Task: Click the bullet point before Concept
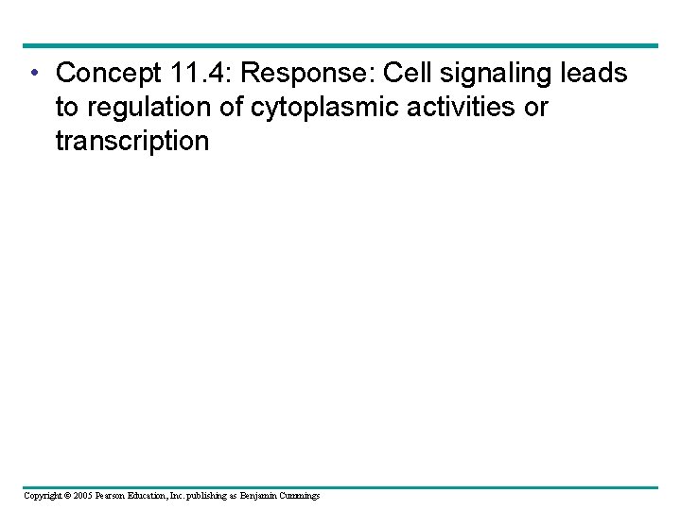click(x=33, y=73)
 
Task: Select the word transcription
click(x=131, y=142)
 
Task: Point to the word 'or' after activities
click(x=536, y=108)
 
